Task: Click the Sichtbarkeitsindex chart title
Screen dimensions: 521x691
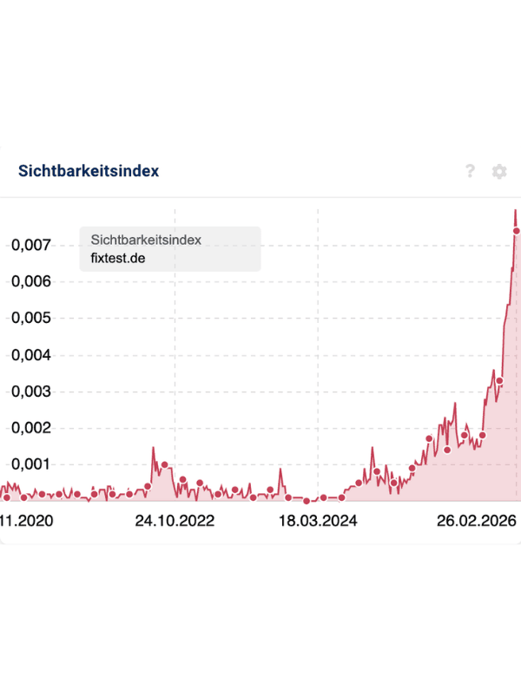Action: tap(89, 171)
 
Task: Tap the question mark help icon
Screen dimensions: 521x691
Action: tap(470, 171)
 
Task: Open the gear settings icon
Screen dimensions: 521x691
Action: tap(499, 171)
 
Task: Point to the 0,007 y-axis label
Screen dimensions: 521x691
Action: tap(31, 245)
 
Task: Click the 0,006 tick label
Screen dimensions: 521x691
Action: tap(31, 281)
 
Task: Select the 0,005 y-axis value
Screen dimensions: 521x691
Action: tap(31, 318)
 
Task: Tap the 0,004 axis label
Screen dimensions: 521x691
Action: tap(31, 355)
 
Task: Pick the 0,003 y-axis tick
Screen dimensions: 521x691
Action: tap(31, 392)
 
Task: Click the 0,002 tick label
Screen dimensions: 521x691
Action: tap(31, 428)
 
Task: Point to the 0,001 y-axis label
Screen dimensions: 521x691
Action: tap(31, 464)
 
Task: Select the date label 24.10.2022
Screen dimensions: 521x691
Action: tap(175, 521)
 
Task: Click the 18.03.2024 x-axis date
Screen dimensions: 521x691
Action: tap(318, 521)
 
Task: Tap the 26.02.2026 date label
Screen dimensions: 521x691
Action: tap(477, 521)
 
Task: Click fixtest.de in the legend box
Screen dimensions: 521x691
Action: tap(118, 258)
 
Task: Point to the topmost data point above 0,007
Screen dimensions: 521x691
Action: tap(517, 231)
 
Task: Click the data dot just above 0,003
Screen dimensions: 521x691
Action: tap(499, 381)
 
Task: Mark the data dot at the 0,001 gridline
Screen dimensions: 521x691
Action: tap(164, 464)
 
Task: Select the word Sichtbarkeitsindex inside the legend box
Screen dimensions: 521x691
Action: tap(146, 240)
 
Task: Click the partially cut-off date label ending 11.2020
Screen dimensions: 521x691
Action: tap(26, 521)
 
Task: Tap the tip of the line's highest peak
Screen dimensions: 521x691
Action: tap(515, 210)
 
